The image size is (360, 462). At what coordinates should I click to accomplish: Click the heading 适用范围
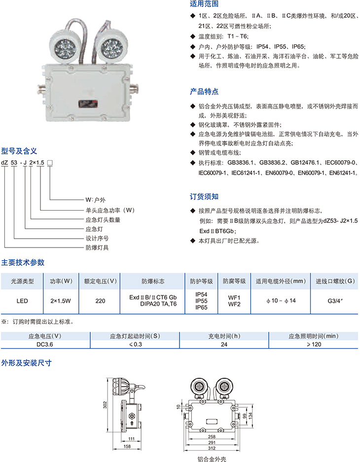(x=204, y=4)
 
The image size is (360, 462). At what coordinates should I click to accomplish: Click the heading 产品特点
(x=204, y=92)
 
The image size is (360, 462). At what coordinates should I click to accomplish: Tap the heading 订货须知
(x=204, y=197)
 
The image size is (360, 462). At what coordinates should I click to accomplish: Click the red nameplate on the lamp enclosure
(x=88, y=104)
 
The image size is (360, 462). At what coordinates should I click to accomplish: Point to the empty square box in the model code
(x=50, y=163)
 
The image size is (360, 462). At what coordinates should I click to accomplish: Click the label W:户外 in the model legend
(x=96, y=200)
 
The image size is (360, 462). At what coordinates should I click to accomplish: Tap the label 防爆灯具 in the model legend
(x=97, y=248)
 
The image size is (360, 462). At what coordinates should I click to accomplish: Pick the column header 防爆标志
(x=153, y=282)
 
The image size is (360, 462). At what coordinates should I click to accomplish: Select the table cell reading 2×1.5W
(x=61, y=301)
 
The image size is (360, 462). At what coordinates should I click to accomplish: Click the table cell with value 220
(x=100, y=301)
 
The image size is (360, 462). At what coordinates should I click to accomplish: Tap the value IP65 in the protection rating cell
(x=202, y=307)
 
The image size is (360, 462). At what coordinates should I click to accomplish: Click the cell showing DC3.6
(x=45, y=345)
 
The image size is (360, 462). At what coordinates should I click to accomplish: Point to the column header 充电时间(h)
(x=224, y=336)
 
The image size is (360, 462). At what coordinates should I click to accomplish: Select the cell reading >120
(x=314, y=345)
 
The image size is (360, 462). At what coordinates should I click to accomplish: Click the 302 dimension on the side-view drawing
(x=105, y=405)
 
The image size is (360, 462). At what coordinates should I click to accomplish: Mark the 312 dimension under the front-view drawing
(x=212, y=448)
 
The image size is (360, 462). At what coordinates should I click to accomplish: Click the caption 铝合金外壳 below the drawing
(x=212, y=459)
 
